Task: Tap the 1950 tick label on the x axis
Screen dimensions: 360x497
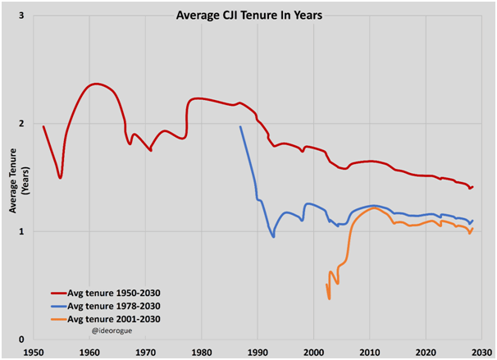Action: (x=34, y=352)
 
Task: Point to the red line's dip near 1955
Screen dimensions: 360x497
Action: (x=61, y=177)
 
